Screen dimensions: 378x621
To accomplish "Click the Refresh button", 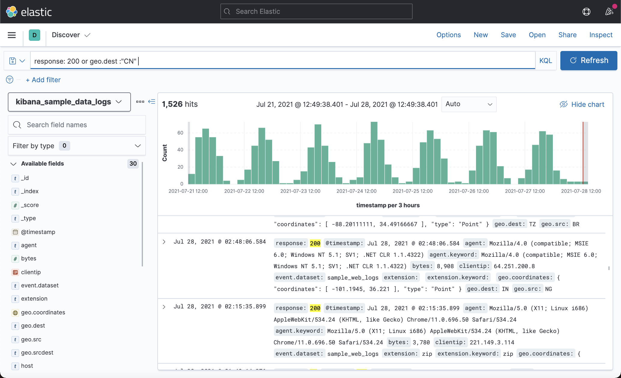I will point(589,61).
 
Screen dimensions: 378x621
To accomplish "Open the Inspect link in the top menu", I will point(601,35).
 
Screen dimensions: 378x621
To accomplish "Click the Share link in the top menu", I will point(567,35).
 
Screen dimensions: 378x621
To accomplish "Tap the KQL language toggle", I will point(545,61).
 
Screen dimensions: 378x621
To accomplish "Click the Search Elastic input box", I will point(316,12).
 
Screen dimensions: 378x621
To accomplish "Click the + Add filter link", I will point(43,80).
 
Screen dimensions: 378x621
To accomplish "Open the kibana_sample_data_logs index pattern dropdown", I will point(69,102).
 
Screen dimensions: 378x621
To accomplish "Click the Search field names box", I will point(77,125).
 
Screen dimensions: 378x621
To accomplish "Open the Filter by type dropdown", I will point(77,146).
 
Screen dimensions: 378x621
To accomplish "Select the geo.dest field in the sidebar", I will point(33,326).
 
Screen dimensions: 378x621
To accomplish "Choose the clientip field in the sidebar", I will point(31,272).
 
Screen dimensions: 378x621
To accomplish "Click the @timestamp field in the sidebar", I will point(38,232).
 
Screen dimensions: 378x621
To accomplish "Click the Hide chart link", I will point(582,104).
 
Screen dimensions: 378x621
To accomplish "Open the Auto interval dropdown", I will point(468,104).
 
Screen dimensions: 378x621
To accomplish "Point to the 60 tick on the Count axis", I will point(180,133).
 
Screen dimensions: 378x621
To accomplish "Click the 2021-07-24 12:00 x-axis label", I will point(356,191).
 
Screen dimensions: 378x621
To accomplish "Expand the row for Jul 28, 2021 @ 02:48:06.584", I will point(164,242).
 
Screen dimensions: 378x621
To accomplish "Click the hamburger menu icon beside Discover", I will point(12,35).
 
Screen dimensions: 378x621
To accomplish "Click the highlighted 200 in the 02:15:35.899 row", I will point(315,308).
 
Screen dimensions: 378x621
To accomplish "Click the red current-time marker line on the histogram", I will point(583,153).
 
